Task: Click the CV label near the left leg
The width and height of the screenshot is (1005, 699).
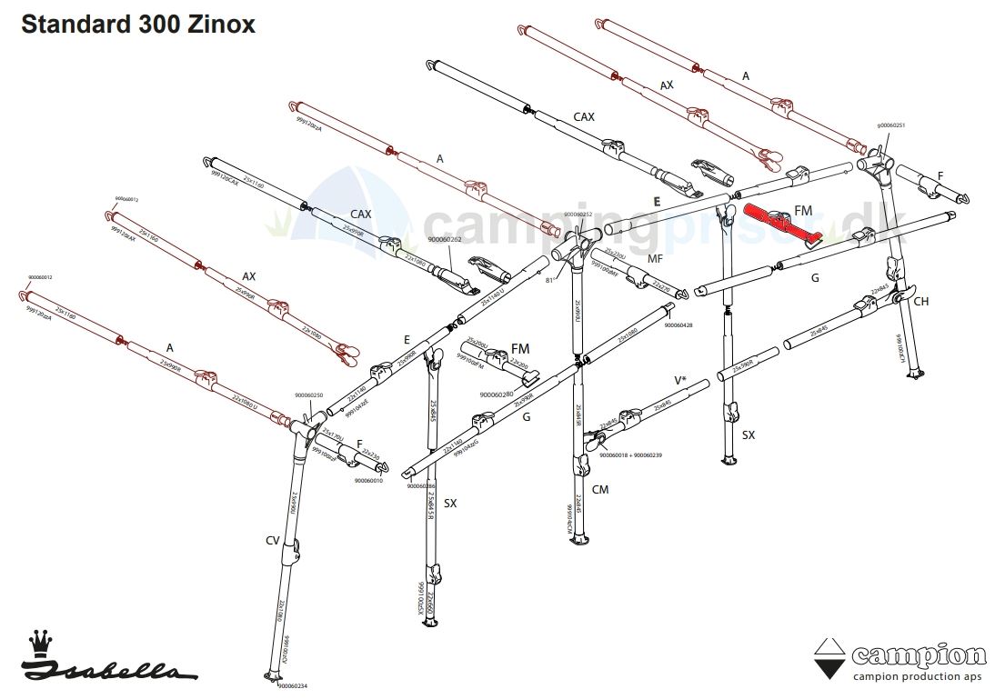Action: (x=272, y=541)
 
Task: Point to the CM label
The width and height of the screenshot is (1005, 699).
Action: (x=599, y=489)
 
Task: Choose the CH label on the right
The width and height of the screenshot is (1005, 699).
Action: (x=920, y=302)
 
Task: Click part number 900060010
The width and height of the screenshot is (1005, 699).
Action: (x=368, y=481)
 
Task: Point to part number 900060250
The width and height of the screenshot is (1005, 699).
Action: (x=309, y=395)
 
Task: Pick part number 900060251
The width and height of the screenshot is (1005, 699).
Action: (x=890, y=125)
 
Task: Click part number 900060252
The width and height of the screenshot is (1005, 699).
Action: (x=578, y=215)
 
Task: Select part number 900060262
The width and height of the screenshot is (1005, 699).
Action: (x=445, y=240)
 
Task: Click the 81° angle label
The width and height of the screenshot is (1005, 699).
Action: (x=549, y=281)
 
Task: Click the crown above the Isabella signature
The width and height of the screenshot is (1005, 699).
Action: (x=39, y=643)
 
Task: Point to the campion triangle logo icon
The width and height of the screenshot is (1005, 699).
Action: (x=828, y=659)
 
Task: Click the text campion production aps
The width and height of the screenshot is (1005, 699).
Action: (x=918, y=676)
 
